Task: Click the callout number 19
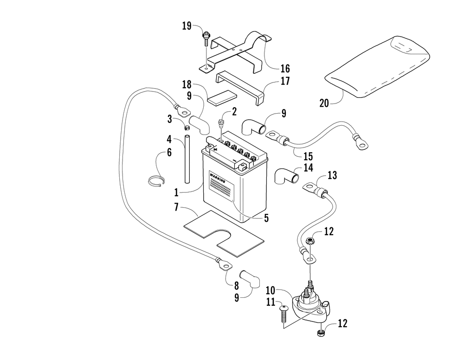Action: [x=187, y=26]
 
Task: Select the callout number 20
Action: [x=324, y=103]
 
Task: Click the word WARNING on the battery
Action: [x=218, y=178]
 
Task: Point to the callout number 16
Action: [x=285, y=69]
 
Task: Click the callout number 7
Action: [x=176, y=207]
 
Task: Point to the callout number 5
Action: [x=266, y=218]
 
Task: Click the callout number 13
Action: [x=332, y=175]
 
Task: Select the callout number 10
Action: [x=270, y=290]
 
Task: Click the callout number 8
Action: [x=237, y=286]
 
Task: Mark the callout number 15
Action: [x=308, y=156]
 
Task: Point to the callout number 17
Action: [x=285, y=81]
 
